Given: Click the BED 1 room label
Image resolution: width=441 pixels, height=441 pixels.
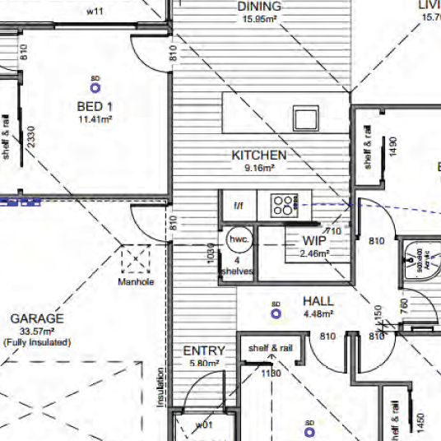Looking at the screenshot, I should pyautogui.click(x=95, y=107).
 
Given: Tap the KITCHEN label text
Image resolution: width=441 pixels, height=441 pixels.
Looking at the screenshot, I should pyautogui.click(x=259, y=155).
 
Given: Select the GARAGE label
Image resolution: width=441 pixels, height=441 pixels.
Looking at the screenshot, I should pyautogui.click(x=37, y=318).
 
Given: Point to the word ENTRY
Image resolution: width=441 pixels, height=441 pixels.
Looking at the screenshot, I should pyautogui.click(x=204, y=351).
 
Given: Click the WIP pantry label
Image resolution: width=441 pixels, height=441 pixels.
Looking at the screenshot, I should pyautogui.click(x=314, y=241).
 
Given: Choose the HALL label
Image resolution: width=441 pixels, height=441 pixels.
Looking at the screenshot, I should pyautogui.click(x=318, y=301).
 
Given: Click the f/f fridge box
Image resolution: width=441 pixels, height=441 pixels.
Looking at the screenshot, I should pyautogui.click(x=239, y=206).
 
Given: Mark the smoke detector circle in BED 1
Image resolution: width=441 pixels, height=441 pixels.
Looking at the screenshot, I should pyautogui.click(x=95, y=85).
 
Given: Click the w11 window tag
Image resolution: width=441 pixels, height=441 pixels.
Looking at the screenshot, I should pyautogui.click(x=95, y=12).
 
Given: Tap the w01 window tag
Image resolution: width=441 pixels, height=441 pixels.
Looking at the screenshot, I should pyautogui.click(x=204, y=425).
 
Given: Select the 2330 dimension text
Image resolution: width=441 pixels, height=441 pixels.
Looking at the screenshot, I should pyautogui.click(x=30, y=137).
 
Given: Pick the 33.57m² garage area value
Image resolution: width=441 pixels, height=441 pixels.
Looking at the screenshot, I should pyautogui.click(x=36, y=331).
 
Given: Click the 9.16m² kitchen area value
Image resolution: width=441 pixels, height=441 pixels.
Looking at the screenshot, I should pyautogui.click(x=259, y=167).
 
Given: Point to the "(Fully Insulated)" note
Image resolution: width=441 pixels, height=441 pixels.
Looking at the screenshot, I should pyautogui.click(x=36, y=341).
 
